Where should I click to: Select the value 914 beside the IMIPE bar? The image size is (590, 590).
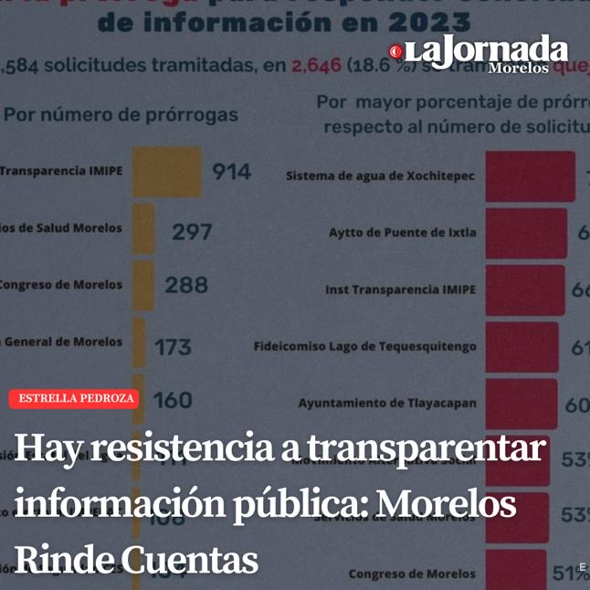click(231, 172)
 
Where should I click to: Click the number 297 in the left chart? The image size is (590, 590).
click(192, 232)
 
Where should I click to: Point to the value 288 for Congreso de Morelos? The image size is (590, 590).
click(186, 285)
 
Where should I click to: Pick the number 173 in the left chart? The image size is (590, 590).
click(173, 347)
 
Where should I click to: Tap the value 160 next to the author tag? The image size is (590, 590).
click(173, 400)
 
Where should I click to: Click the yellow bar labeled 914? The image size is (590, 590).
click(166, 172)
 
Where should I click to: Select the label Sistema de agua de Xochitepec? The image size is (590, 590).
click(380, 175)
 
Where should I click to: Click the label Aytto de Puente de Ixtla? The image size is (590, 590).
click(402, 232)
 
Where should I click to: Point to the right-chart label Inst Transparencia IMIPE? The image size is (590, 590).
click(400, 290)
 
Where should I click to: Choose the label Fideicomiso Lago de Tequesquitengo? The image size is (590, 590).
click(364, 346)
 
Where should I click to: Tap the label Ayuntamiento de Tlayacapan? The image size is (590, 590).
click(387, 403)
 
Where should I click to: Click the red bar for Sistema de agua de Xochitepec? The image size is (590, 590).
click(530, 175)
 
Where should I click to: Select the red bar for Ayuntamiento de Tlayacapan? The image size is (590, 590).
click(521, 403)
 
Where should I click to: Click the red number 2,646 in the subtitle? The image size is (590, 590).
click(316, 66)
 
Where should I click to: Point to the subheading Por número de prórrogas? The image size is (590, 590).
click(121, 115)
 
